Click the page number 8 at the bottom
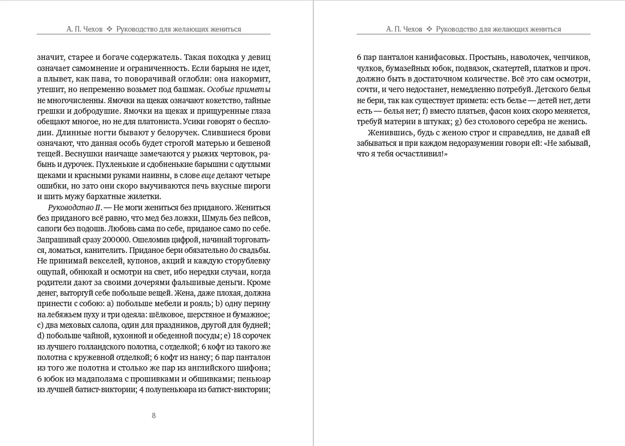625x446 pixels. [x=154, y=415]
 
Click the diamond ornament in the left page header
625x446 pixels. [x=109, y=29]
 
